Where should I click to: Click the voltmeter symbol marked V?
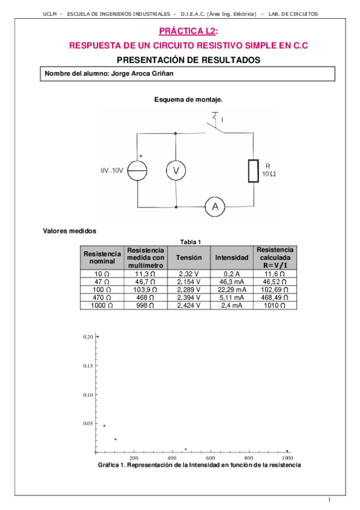[176, 171]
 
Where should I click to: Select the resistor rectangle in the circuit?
[253, 170]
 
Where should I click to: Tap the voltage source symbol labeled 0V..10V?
[138, 171]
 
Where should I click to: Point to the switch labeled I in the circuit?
[215, 126]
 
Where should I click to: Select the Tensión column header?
[189, 257]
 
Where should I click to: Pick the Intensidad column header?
[231, 257]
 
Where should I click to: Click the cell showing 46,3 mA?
[231, 281]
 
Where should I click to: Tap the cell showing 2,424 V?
[189, 306]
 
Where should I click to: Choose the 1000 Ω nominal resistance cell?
[102, 306]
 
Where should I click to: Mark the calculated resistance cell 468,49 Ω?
[275, 297]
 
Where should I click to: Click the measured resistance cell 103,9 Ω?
[145, 289]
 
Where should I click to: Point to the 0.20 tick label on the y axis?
[88, 337]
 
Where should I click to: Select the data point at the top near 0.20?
[97, 337]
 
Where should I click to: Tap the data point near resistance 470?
[186, 449]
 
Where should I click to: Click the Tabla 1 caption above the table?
[191, 242]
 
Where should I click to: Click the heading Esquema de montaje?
[189, 99]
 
